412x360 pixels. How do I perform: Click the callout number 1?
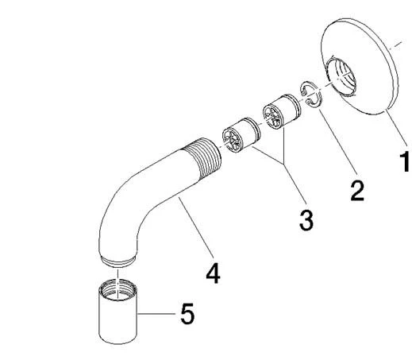405,161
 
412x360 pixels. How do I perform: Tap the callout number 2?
357,190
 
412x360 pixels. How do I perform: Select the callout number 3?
306,219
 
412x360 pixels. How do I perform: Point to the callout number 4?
213,273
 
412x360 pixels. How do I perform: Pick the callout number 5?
187,313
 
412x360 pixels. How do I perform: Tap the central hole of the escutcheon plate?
341,76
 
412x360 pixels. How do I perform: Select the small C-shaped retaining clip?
311,95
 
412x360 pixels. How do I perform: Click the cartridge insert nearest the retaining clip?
282,112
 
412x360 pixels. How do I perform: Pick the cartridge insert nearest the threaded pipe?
241,135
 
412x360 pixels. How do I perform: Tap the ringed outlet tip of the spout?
118,261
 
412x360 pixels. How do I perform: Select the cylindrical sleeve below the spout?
118,312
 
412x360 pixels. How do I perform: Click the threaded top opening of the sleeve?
118,290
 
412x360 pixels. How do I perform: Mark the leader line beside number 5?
156,314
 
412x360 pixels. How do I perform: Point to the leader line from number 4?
195,226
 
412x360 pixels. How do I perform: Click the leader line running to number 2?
338,141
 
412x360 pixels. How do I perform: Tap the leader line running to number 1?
395,126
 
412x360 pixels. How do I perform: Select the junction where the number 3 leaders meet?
284,165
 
